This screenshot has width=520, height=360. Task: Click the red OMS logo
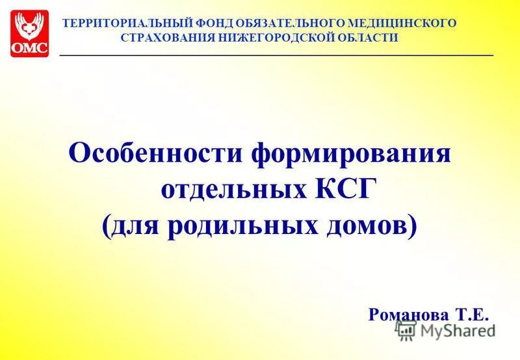tap(29, 33)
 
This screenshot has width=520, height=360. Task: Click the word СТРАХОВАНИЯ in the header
tap(164, 38)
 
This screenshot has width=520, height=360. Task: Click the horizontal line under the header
tap(276, 57)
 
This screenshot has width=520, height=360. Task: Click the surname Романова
tap(409, 315)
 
